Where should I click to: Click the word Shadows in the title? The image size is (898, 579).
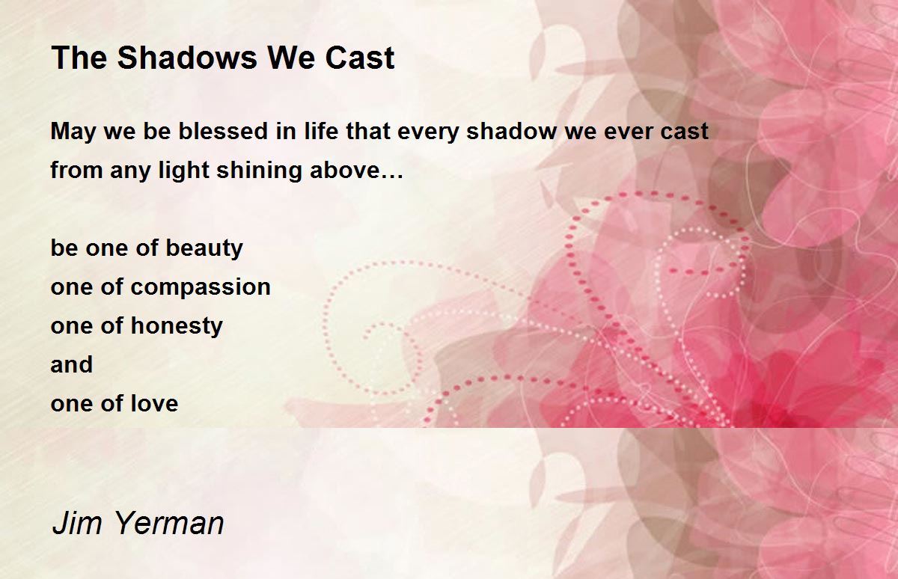click(187, 58)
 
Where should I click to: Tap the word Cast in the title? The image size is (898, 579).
click(360, 58)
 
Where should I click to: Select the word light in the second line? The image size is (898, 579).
click(184, 171)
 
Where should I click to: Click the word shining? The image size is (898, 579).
click(259, 171)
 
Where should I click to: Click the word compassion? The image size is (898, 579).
click(201, 288)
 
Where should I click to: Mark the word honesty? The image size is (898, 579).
click(177, 326)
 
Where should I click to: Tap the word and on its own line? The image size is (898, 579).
click(72, 364)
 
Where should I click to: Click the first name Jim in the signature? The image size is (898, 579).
click(77, 523)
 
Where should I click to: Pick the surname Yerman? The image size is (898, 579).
click(170, 523)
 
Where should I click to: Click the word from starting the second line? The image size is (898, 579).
click(77, 170)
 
